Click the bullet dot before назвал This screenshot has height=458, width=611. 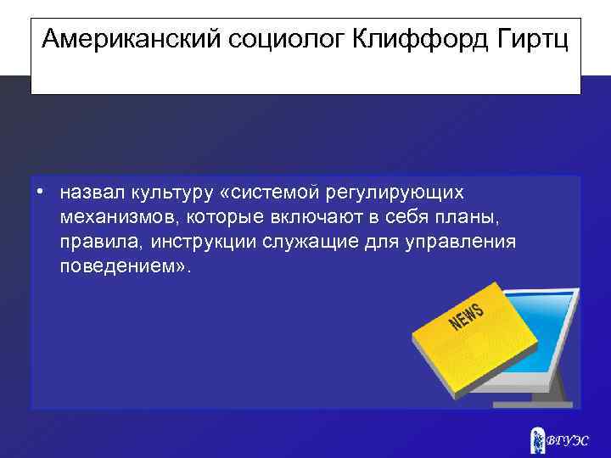(41, 193)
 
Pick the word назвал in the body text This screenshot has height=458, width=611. (90, 194)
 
